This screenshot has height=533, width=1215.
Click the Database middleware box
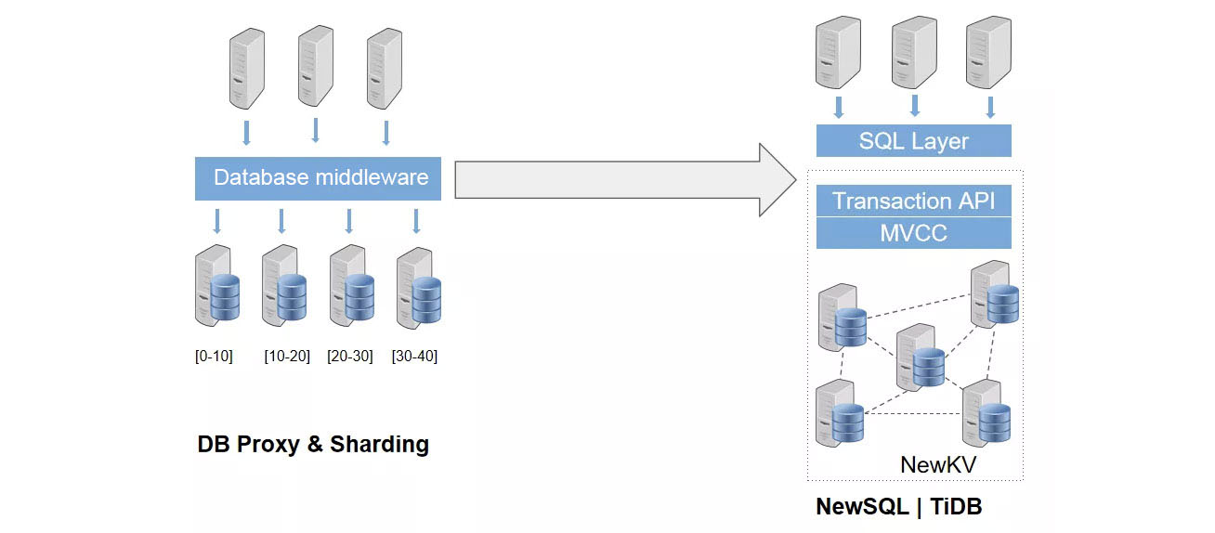(x=320, y=178)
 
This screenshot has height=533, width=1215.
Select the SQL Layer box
(x=913, y=141)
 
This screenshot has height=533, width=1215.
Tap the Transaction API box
(x=913, y=201)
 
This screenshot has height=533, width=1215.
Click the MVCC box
(x=913, y=232)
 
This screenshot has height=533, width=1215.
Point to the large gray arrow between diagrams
(x=622, y=179)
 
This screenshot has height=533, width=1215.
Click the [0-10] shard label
(x=214, y=357)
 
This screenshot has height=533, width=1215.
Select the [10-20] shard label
(x=286, y=357)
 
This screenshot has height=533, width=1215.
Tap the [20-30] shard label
(x=350, y=357)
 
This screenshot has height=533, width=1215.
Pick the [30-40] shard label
(x=414, y=357)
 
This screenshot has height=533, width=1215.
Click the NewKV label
(x=936, y=464)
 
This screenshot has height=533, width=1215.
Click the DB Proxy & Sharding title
(x=313, y=445)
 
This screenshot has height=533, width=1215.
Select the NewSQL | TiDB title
(x=898, y=507)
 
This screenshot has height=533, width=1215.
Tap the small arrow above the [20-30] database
(x=349, y=221)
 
